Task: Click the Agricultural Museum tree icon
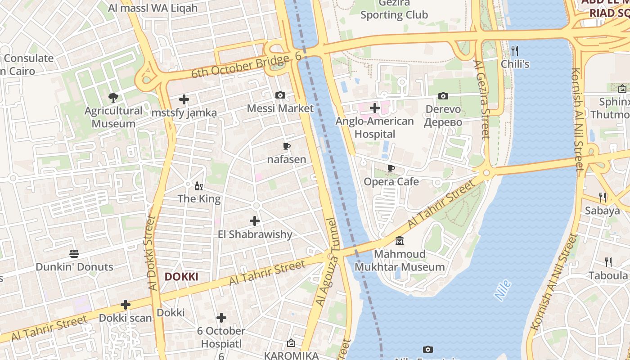(113, 97)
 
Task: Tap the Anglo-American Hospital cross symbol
(374, 108)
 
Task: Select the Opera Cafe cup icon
(391, 168)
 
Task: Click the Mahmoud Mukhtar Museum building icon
(400, 241)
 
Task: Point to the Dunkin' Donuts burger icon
(74, 254)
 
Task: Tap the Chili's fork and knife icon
(515, 50)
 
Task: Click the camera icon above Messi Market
(280, 95)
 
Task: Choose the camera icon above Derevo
(443, 96)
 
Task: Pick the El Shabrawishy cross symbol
(255, 221)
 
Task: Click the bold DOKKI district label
(181, 277)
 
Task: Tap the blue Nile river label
(503, 290)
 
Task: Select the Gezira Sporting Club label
(394, 9)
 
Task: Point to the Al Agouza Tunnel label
(327, 262)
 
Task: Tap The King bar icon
(198, 186)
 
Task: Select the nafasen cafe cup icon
(286, 146)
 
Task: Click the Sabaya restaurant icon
(603, 197)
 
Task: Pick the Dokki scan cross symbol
(126, 305)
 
